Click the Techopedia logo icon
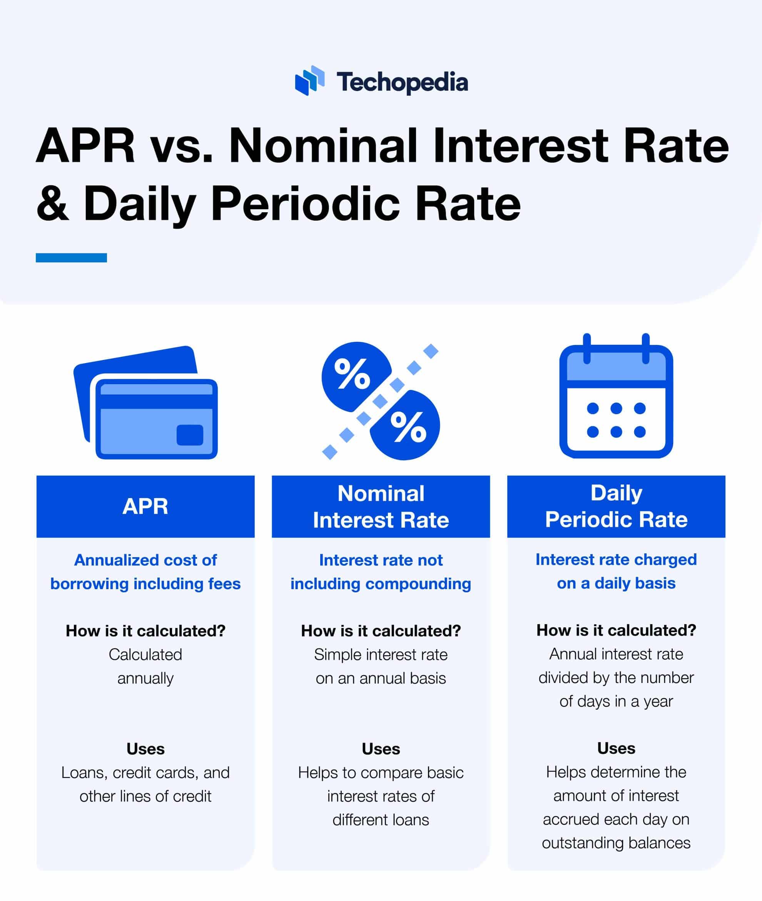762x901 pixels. pos(309,81)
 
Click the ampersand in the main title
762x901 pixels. pos(52,203)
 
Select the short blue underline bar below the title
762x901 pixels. pos(71,258)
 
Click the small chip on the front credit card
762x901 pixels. pos(190,435)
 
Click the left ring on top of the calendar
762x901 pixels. pos(587,348)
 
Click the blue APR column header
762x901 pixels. pos(145,506)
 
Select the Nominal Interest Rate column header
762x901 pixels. pos(381,506)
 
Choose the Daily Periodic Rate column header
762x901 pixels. pos(616,506)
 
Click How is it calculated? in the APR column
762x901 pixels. pos(145,631)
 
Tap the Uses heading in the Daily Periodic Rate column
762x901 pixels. pos(616,748)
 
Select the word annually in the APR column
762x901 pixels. pos(145,678)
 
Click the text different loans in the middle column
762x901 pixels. pos(381,820)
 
